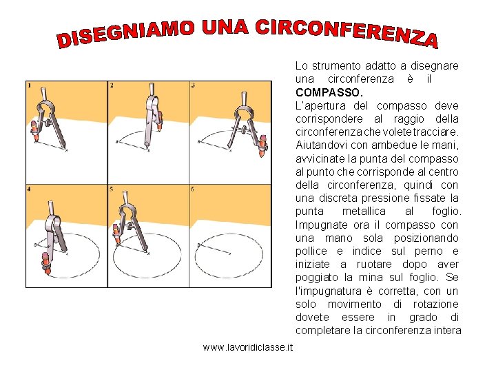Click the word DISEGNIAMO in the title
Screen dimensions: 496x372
[x=125, y=34]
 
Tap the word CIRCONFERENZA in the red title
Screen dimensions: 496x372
[x=347, y=33]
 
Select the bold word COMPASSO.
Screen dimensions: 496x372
[x=329, y=93]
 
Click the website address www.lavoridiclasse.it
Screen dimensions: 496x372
[x=248, y=347]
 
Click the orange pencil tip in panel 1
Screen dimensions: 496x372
[x=36, y=139]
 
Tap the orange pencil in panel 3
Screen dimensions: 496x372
[x=262, y=146]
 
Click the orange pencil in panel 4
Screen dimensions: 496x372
[x=46, y=263]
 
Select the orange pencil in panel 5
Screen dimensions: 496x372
[x=116, y=234]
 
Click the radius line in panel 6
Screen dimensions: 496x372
[x=214, y=249]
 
